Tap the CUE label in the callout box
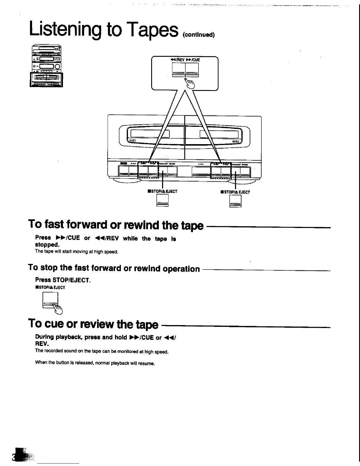point(195,60)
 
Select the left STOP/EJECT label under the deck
point(163,192)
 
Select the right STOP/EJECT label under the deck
point(235,192)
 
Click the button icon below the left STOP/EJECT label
point(162,201)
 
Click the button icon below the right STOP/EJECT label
point(235,202)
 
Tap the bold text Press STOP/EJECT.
point(62,280)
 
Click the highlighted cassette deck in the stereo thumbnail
point(46,79)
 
